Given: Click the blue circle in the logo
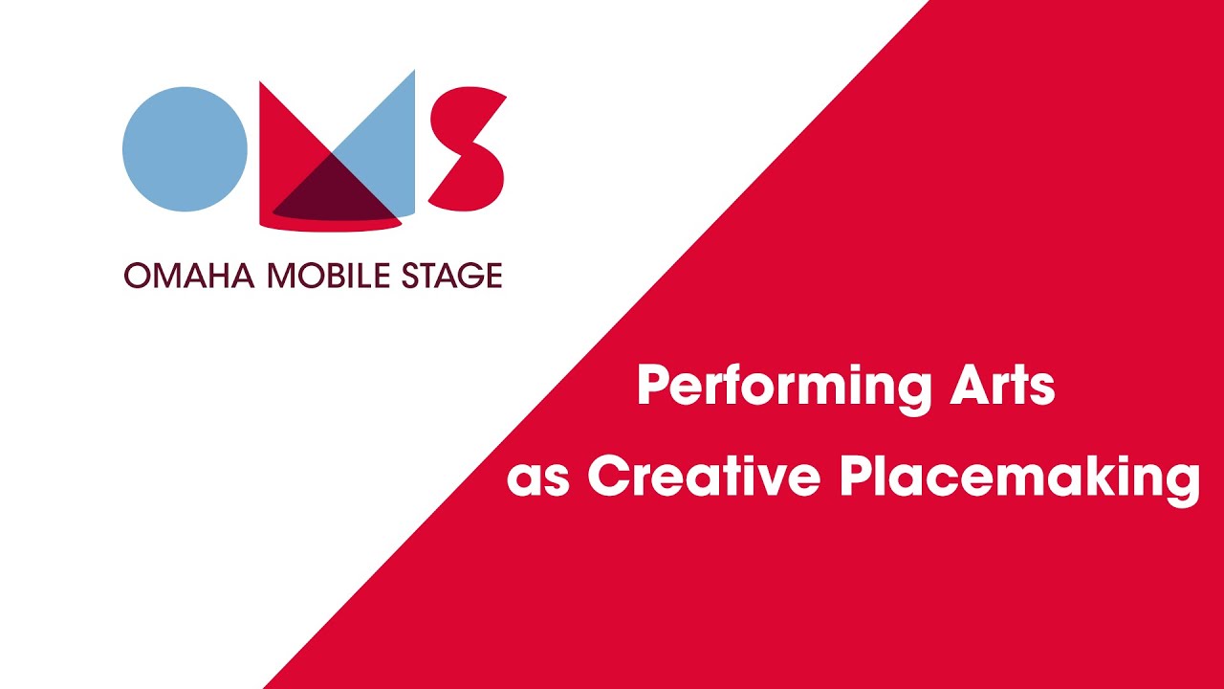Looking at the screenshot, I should (185, 149).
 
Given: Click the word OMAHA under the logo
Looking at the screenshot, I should (189, 276).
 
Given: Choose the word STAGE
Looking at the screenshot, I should (451, 276).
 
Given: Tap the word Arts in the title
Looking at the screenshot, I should (1003, 385).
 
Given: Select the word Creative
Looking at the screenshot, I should (704, 476).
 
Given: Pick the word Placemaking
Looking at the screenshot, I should (1019, 477).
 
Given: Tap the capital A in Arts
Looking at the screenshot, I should (972, 385).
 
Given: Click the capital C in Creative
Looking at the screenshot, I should (609, 476).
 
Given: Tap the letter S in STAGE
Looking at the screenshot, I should (409, 276).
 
